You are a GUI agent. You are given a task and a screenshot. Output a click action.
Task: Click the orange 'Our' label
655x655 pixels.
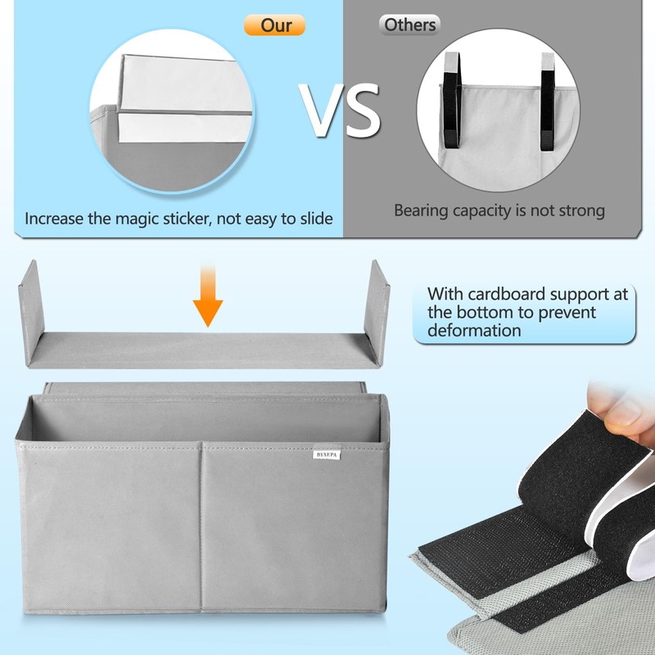(x=274, y=25)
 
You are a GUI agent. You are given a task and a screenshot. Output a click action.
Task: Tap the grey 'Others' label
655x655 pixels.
(x=409, y=25)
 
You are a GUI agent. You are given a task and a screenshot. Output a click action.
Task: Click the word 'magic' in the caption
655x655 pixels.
(x=174, y=219)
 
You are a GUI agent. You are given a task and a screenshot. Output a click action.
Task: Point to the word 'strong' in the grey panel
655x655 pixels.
(x=579, y=210)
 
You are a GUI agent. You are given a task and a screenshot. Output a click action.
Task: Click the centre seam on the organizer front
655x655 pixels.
(x=201, y=524)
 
